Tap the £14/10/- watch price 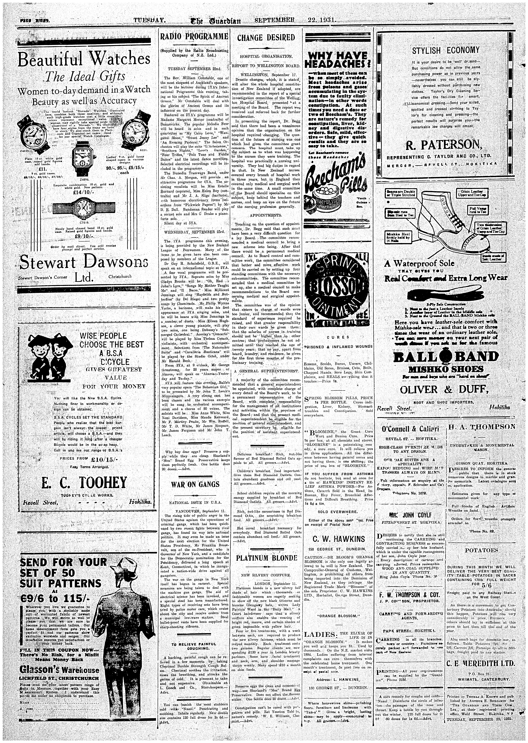coord(84,192)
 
